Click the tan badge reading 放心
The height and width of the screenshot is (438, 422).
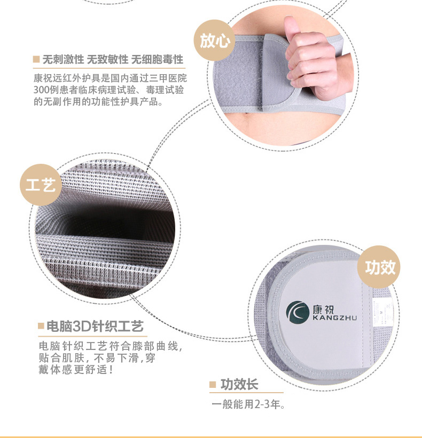pos(215,41)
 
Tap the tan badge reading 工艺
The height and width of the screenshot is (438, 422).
pos(41,185)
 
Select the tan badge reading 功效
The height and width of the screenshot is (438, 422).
pos(379,267)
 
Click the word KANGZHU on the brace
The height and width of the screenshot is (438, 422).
pos(334,317)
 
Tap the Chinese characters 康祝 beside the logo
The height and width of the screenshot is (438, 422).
pos(323,309)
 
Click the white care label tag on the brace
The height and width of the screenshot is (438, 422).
pos(382,312)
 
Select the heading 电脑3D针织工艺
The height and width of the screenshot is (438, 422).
pos(95,326)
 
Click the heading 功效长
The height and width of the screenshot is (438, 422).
pos(239,384)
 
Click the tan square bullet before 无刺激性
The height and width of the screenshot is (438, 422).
pos(36,59)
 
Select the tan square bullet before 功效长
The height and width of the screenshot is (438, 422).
pos(213,385)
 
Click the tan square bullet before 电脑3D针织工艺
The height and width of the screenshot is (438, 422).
pos(41,326)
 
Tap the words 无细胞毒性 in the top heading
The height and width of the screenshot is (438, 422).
pos(157,60)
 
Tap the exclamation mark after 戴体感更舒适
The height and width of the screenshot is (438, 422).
pos(112,370)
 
